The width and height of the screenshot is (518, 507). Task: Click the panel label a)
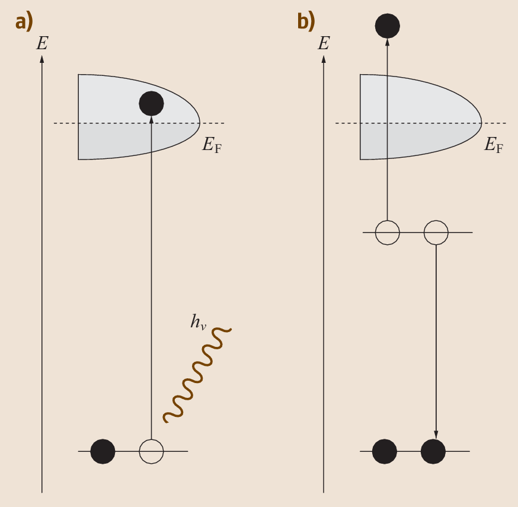tap(24, 21)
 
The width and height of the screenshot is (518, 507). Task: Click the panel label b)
tap(306, 21)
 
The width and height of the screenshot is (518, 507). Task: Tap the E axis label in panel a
tap(42, 43)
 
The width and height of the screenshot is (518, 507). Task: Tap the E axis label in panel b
tap(324, 43)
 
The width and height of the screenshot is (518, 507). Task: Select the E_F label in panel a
tap(212, 144)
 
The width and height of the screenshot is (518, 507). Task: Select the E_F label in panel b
tap(494, 144)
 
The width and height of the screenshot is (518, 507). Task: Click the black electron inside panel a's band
tap(151, 103)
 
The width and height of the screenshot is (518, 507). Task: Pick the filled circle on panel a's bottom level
tap(103, 451)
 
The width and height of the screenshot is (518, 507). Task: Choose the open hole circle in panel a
tap(151, 451)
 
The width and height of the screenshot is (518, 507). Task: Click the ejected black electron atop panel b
tap(388, 25)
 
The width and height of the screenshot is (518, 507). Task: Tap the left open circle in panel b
tap(388, 232)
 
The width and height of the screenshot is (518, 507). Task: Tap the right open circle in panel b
tap(436, 232)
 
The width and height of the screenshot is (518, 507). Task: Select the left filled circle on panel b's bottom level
tap(385, 451)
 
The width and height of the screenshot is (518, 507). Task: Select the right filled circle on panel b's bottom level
tap(433, 451)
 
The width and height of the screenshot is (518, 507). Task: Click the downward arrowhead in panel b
tap(436, 433)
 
